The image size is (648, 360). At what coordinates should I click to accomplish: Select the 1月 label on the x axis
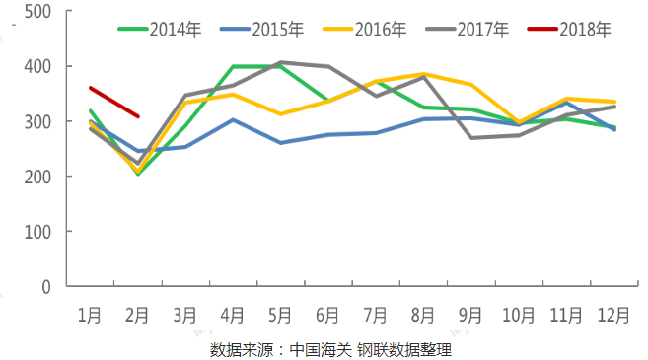(x=90, y=316)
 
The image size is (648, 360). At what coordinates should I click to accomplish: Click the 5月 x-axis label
(x=280, y=316)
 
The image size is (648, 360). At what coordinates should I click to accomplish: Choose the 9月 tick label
(x=470, y=316)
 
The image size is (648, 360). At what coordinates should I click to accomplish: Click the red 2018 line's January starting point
(x=90, y=88)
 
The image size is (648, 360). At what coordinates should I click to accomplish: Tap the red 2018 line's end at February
(x=137, y=116)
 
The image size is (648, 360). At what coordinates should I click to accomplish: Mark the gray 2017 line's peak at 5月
(x=280, y=62)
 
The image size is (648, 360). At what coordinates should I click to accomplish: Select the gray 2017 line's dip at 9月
(x=470, y=138)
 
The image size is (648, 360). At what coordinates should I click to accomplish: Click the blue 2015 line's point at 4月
(x=233, y=119)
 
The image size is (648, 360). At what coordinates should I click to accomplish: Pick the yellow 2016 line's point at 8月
(x=423, y=74)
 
